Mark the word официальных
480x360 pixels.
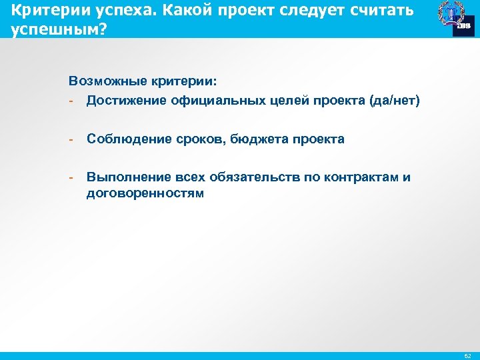[x=209, y=100]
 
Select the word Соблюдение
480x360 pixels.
[x=125, y=139]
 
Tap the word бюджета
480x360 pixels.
[x=241, y=139]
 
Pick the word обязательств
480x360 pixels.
[x=246, y=177]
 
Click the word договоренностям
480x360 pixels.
[x=145, y=193]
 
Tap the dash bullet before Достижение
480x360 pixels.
[x=71, y=101]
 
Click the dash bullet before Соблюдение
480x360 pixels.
[x=71, y=139]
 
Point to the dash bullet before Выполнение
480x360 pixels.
[x=71, y=178]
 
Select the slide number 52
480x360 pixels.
[x=466, y=355]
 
